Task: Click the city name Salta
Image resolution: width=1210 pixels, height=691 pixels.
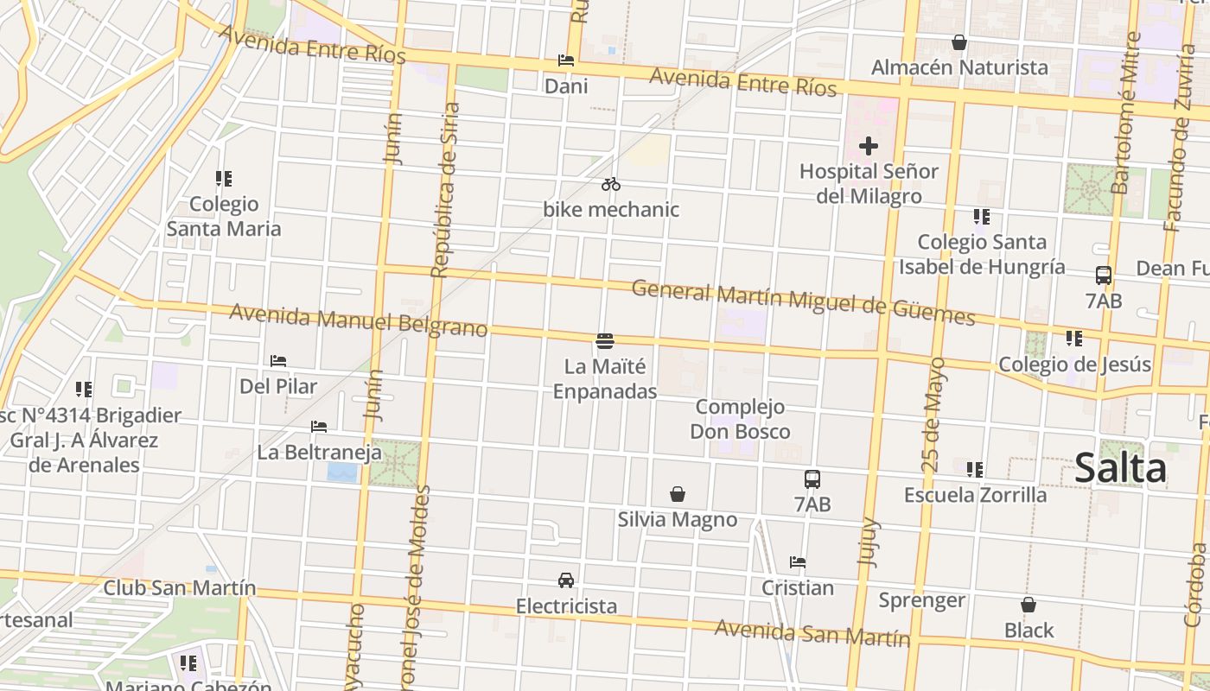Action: (1120, 468)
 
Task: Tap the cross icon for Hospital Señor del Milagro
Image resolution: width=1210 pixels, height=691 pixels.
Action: (868, 146)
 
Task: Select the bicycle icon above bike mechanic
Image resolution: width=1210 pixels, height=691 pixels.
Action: (611, 184)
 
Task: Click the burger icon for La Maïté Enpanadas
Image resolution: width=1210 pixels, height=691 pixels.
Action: (605, 341)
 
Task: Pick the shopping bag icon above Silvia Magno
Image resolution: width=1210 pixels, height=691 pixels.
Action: (678, 494)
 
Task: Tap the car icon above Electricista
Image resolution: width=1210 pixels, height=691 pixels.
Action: (566, 580)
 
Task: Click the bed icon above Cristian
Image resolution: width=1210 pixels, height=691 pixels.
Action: (798, 562)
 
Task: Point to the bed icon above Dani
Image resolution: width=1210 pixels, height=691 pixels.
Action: (566, 60)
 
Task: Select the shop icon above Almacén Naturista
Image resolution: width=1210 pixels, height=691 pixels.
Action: (958, 42)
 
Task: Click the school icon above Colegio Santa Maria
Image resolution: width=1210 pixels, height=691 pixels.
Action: (224, 179)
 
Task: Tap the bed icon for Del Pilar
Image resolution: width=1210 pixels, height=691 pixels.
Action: (278, 361)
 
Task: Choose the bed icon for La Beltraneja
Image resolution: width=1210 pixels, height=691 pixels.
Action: (319, 427)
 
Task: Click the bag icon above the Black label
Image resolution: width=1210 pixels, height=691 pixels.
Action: (1028, 605)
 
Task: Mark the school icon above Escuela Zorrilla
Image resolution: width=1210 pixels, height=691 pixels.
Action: (975, 470)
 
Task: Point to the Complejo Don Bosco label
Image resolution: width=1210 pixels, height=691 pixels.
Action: (740, 418)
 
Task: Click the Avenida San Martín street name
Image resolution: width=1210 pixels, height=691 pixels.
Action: (812, 633)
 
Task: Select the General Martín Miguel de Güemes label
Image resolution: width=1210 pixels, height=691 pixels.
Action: (803, 302)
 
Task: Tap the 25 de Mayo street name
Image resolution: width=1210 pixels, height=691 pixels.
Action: (933, 415)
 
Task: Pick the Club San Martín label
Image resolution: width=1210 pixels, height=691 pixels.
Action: (180, 587)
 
